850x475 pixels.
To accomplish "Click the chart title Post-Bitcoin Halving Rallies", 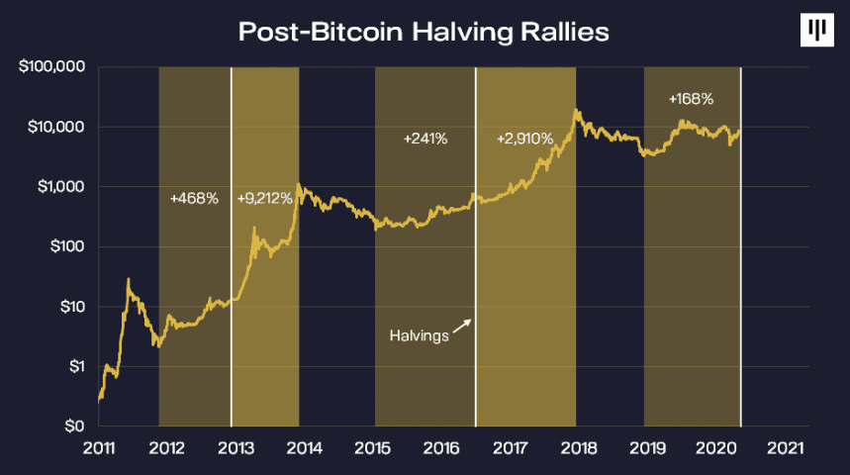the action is tap(424, 32).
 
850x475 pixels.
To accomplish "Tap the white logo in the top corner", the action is tap(817, 30).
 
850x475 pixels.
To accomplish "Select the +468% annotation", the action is tap(194, 199).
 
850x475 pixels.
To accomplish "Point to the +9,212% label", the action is tap(264, 199).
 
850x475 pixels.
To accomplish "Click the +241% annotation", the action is tap(425, 139).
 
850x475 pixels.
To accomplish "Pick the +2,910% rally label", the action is tap(524, 139).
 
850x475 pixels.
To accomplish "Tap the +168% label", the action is tap(691, 99).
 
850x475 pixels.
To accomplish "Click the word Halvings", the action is tap(419, 335).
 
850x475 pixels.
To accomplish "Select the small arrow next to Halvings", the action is tap(462, 326).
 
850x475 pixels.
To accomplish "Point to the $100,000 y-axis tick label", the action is tap(52, 66).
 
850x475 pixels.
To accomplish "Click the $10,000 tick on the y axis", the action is tap(56, 127).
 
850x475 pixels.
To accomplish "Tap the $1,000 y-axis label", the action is tap(60, 186).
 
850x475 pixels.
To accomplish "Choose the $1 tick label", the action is tap(77, 366).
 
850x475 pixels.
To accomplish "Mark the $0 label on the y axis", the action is tap(75, 427).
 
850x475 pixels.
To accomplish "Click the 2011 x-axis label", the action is tap(99, 448).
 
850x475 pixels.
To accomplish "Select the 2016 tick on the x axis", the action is tap(441, 448).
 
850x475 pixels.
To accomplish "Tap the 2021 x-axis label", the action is tap(785, 448).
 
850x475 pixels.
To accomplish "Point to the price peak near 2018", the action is tap(575, 110).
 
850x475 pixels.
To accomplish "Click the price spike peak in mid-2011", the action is tap(129, 279).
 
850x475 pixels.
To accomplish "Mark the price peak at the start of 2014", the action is tap(299, 184).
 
